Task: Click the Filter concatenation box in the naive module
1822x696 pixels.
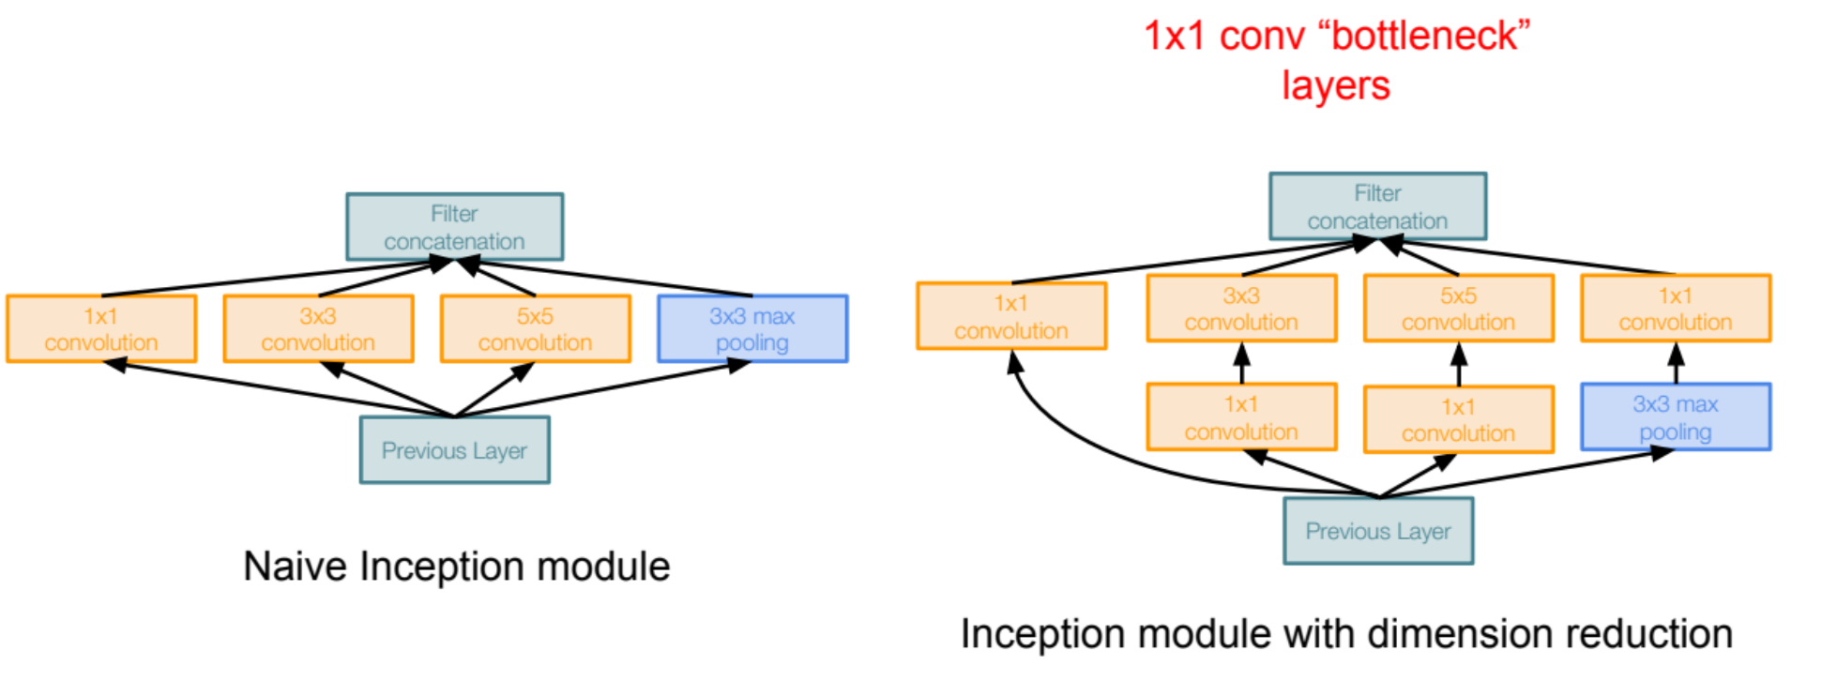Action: click(454, 227)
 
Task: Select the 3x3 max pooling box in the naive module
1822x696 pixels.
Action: click(752, 328)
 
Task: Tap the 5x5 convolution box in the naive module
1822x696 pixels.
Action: click(535, 328)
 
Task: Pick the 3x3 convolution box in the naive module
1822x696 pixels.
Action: click(318, 328)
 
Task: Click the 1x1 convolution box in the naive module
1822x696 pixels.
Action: click(101, 328)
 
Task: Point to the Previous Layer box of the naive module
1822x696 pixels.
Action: click(455, 450)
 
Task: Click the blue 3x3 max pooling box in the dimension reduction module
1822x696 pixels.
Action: click(1676, 417)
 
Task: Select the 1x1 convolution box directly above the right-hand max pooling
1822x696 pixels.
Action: click(1676, 308)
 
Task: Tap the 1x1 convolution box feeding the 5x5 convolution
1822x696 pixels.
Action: click(1459, 419)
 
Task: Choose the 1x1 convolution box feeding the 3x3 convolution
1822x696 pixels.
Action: click(1241, 417)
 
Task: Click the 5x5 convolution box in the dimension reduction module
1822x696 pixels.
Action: click(1459, 308)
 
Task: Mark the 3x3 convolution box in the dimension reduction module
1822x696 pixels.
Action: click(1241, 308)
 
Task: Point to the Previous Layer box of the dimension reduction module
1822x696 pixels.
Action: click(1378, 531)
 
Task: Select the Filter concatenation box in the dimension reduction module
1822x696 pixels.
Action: click(1377, 206)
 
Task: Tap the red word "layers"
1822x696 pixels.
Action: click(1336, 86)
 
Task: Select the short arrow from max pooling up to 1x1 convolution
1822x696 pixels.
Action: click(1676, 363)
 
